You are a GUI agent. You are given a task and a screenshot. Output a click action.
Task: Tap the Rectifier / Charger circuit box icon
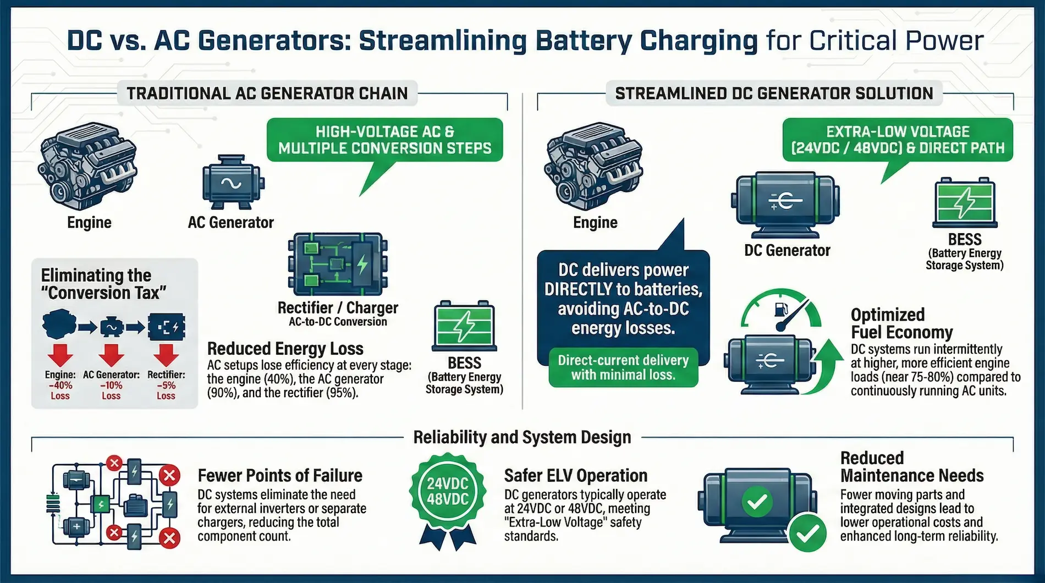(338, 264)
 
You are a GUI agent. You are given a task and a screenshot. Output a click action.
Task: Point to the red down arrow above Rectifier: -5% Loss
(166, 355)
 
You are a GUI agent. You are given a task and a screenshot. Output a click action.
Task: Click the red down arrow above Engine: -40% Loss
(60, 355)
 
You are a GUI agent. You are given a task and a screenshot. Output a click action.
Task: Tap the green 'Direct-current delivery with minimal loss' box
(623, 367)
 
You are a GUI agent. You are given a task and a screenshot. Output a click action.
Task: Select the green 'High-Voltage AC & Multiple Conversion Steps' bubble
(384, 140)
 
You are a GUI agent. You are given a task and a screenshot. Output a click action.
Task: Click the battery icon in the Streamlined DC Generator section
(965, 202)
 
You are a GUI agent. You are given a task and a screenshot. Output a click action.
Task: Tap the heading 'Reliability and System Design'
(522, 437)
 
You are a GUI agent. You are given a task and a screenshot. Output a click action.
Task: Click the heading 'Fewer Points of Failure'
(280, 475)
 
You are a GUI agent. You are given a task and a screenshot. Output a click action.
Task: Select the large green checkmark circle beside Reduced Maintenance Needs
(807, 532)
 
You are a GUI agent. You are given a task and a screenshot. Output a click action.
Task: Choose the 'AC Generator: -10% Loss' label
(111, 385)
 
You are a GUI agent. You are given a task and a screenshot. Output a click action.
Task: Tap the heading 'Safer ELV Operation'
(576, 475)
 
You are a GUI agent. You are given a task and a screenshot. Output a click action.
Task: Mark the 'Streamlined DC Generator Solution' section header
(774, 94)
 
